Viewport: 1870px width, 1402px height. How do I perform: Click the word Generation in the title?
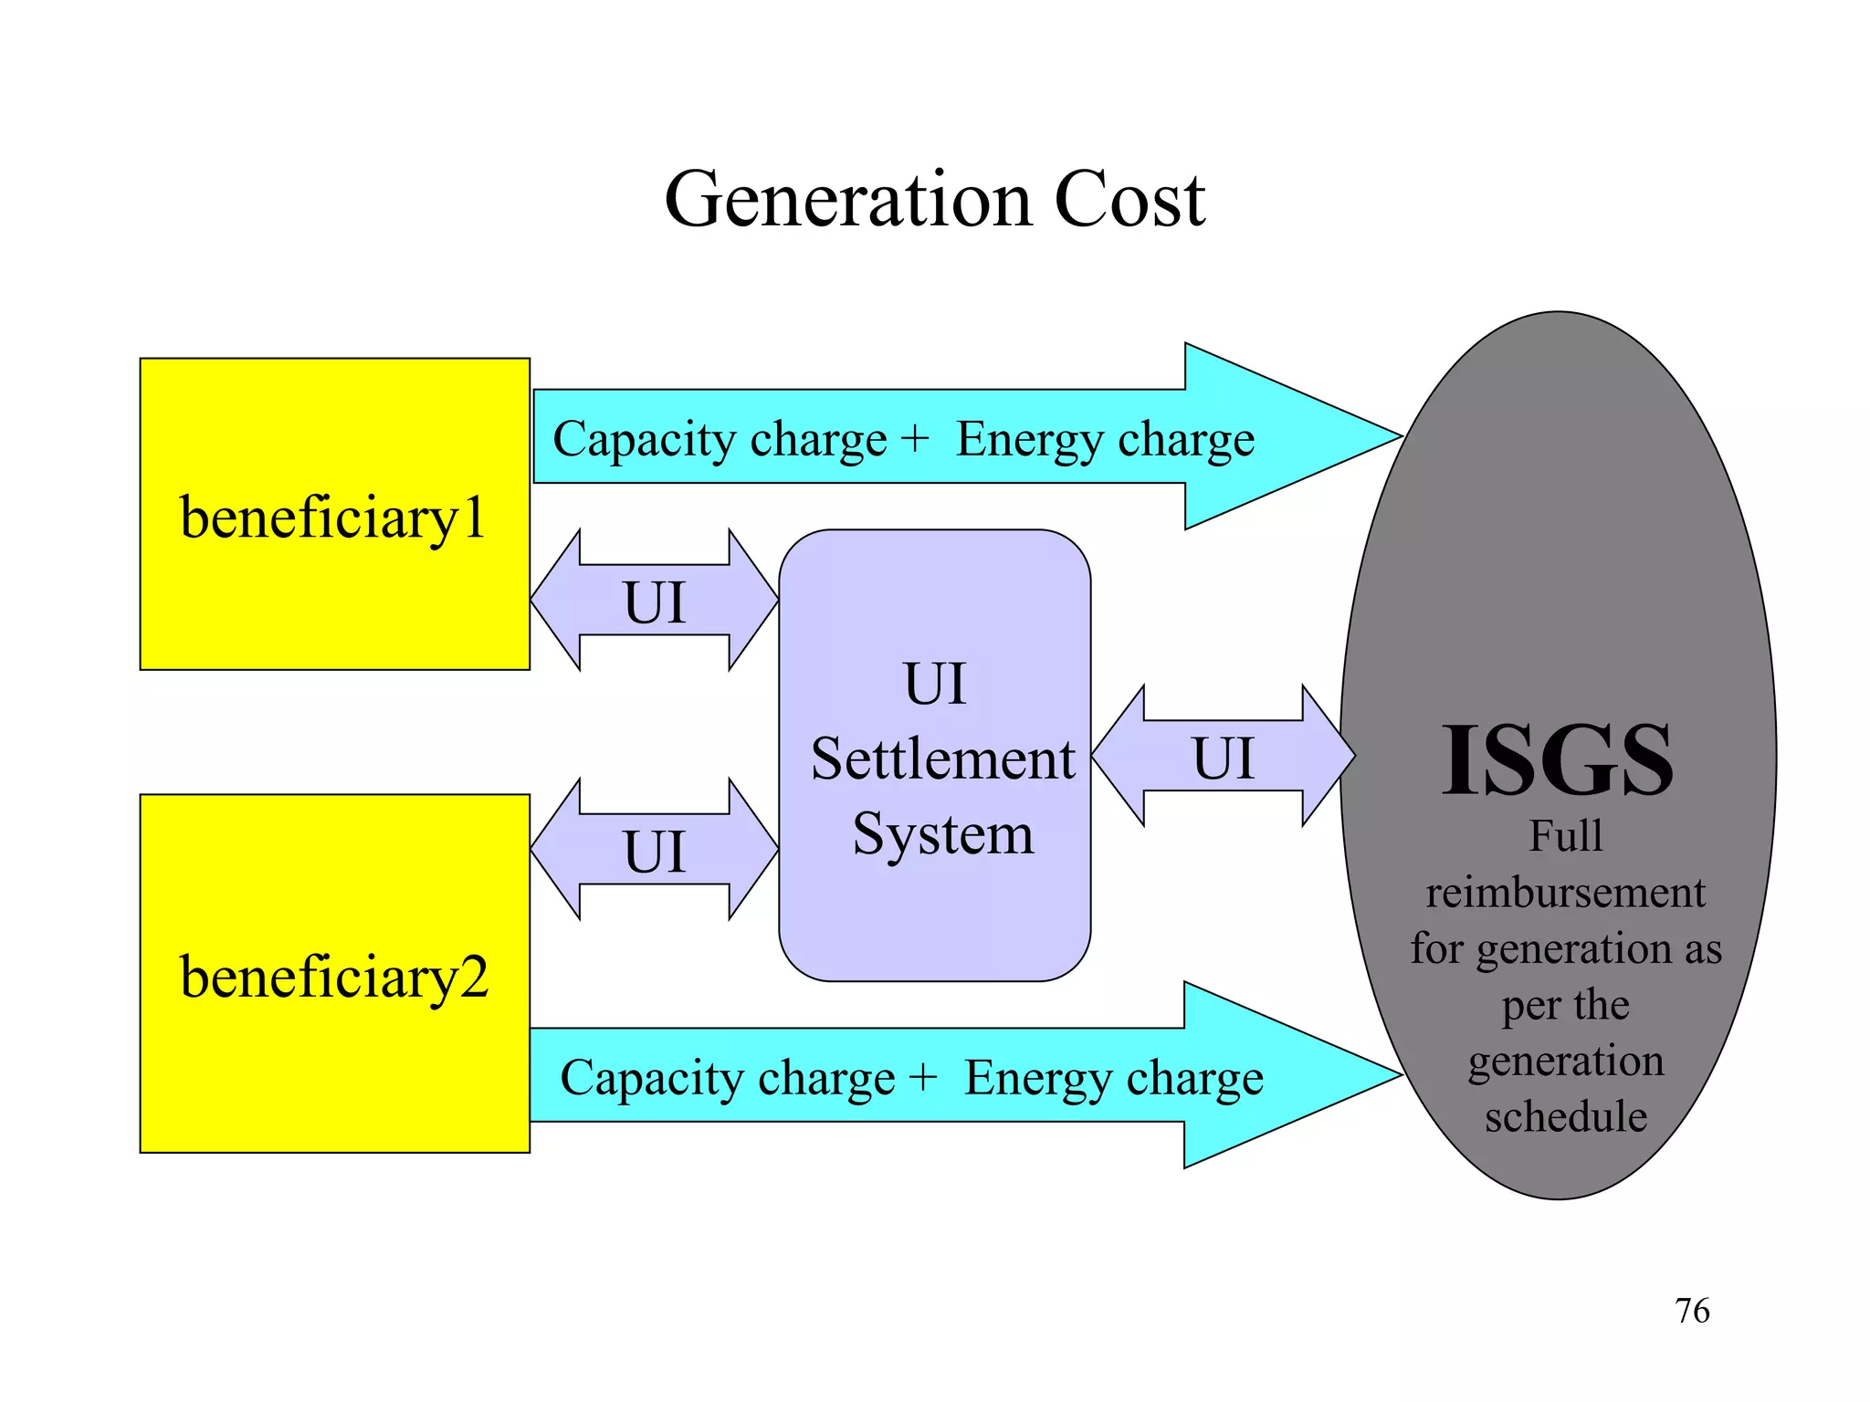(849, 200)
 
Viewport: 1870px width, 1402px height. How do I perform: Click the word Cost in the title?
(1129, 200)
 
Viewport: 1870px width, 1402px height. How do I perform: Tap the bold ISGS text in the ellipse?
(1557, 759)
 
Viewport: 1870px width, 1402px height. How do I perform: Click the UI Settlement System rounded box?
(934, 913)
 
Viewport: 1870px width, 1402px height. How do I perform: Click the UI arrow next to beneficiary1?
(654, 601)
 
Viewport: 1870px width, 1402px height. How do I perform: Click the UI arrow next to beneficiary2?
(654, 850)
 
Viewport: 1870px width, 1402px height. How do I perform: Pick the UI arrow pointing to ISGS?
(1224, 757)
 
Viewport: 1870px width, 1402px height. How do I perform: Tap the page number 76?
(1692, 1311)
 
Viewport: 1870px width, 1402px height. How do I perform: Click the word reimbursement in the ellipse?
(1565, 892)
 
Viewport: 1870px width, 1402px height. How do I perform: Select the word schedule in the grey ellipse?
(1565, 1116)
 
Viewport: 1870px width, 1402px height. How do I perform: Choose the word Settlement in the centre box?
(942, 759)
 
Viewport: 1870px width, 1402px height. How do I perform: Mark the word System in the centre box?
(942, 833)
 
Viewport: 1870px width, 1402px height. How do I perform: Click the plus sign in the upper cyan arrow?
(914, 439)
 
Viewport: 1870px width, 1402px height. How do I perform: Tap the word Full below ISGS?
(1565, 836)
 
